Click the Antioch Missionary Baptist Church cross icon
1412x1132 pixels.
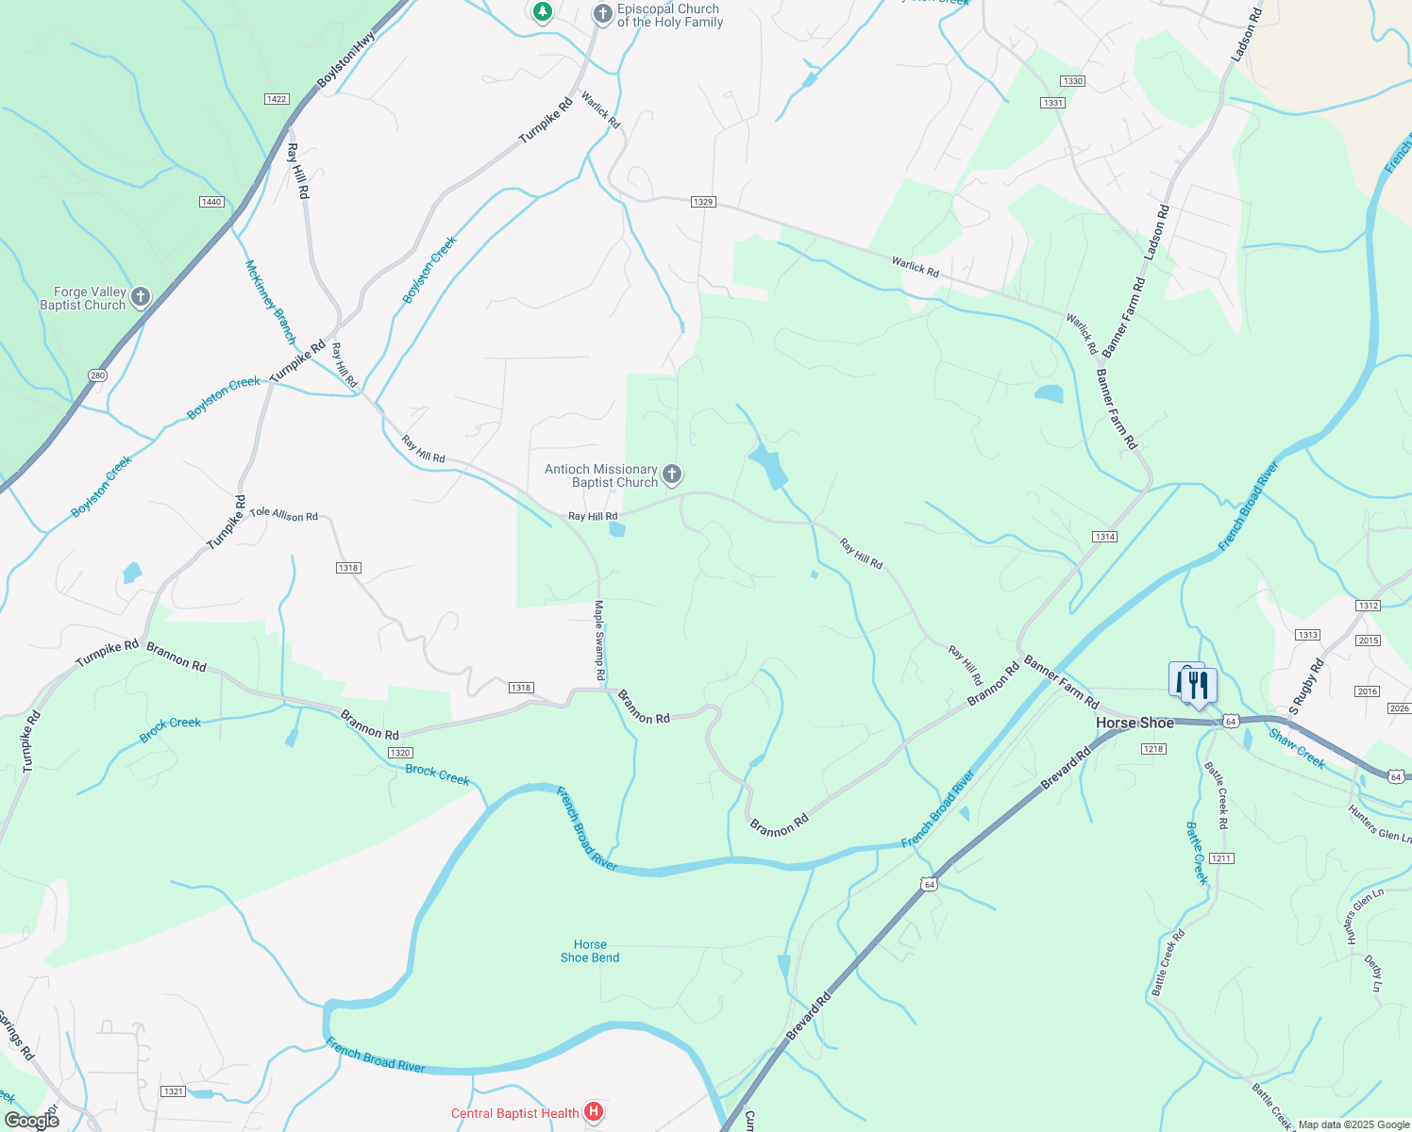pos(672,474)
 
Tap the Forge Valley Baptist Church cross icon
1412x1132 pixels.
pos(141,298)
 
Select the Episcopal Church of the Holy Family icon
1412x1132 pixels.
pos(602,14)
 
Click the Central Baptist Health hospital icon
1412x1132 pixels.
pos(594,1112)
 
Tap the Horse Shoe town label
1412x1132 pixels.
pos(1135,723)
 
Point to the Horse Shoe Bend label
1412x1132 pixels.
pos(590,951)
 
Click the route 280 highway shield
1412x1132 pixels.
pos(98,375)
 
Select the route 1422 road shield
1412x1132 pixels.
pos(277,99)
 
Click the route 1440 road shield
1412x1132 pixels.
pos(211,202)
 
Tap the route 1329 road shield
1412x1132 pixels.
pos(702,202)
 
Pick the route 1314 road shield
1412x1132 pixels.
pos(1105,537)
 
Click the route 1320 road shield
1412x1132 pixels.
pos(400,753)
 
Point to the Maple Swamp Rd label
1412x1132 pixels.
pos(599,641)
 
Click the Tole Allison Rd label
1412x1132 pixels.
pos(284,515)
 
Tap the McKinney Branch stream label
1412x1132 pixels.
pos(271,302)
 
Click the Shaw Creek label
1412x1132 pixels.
pos(1297,748)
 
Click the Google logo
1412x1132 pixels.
pos(31,1120)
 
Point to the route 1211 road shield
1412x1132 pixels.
pos(1221,858)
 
